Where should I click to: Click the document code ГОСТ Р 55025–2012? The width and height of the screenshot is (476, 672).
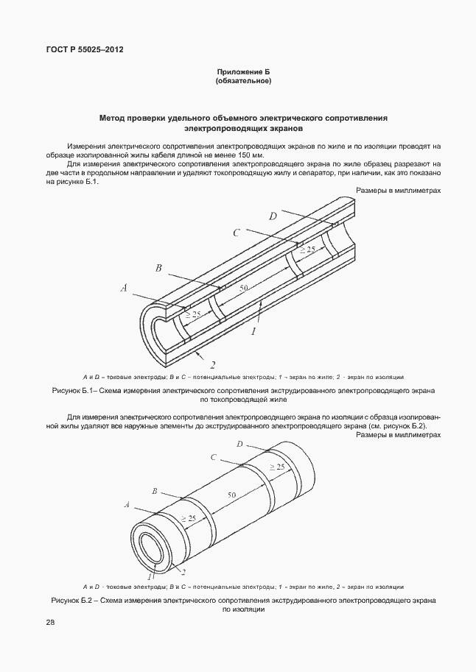coord(85,49)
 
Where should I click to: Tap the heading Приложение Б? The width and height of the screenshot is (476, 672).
coord(244,71)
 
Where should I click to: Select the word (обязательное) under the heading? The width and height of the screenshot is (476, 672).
coord(244,81)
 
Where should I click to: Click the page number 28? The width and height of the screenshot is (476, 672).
coord(49,623)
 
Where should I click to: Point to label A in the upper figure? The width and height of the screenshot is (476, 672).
coord(125,289)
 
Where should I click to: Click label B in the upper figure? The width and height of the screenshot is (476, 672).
coord(158,268)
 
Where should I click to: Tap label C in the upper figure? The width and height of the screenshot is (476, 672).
coord(237,233)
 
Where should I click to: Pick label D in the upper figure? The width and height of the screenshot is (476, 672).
coord(273,216)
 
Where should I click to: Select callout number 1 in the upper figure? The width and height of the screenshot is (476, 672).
coord(253,332)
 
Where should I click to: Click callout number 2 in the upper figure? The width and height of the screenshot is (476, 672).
coord(212,364)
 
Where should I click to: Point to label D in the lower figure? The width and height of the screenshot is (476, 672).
coord(240,444)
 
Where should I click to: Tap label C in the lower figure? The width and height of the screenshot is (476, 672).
coord(212,457)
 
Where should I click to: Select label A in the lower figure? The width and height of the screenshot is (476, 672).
coord(127,505)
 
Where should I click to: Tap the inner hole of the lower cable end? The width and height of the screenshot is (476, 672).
coord(153,548)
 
